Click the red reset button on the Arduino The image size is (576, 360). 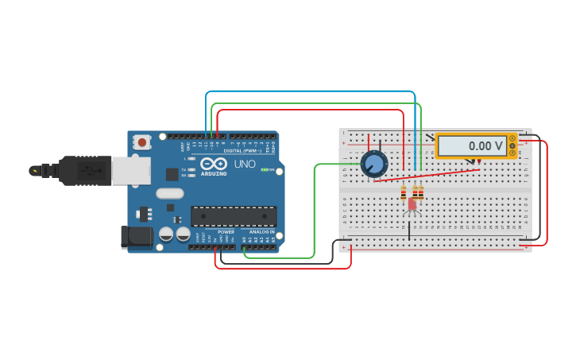click(142, 143)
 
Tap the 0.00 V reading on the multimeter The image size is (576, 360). click(485, 146)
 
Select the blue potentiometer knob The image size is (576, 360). click(373, 164)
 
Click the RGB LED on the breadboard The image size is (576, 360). click(412, 204)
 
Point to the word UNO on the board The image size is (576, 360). click(245, 164)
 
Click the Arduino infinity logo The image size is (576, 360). click(213, 165)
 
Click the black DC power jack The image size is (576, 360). click(135, 237)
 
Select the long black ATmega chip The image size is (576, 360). click(234, 215)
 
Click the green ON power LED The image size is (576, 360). click(265, 169)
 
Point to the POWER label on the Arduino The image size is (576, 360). click(226, 231)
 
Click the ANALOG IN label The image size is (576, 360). click(261, 231)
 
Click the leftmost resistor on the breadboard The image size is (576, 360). click(404, 193)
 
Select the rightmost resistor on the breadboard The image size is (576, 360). click(420, 192)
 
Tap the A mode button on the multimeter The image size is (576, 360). click(512, 138)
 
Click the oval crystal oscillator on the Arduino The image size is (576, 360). click(169, 193)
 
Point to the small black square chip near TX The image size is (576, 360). click(172, 174)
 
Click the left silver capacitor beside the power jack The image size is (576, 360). click(166, 234)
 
